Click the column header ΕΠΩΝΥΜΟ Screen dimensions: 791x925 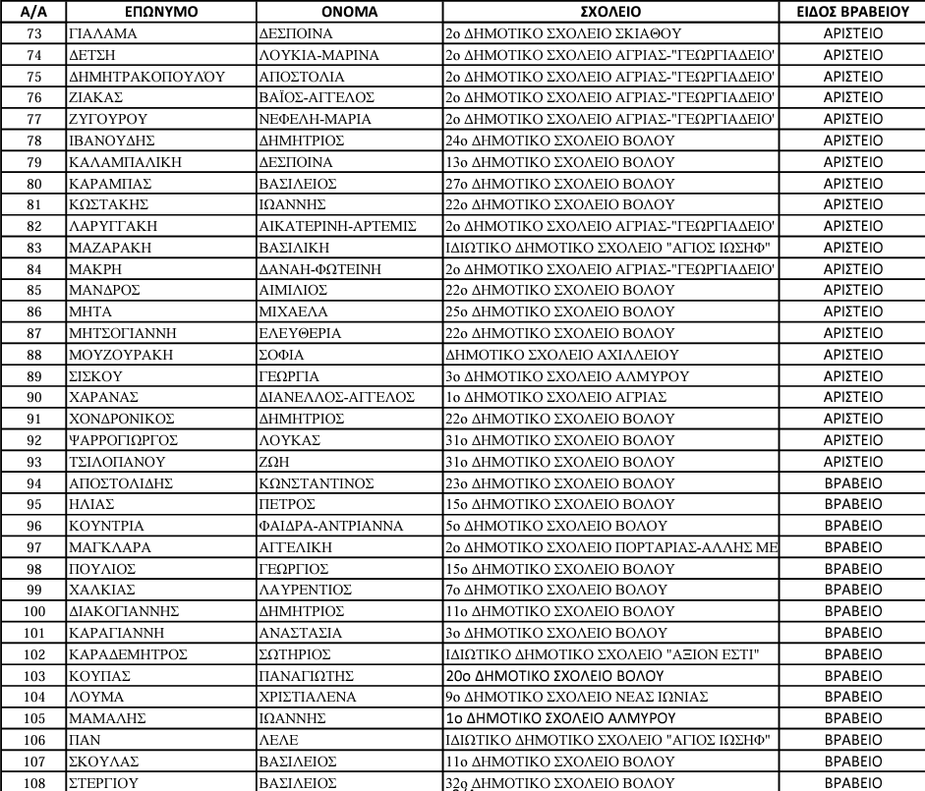click(x=161, y=12)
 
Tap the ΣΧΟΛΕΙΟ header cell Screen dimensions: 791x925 click(x=610, y=12)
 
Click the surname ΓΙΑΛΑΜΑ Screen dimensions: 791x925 click(x=101, y=32)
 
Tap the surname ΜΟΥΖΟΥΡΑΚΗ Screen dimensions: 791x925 click(x=116, y=354)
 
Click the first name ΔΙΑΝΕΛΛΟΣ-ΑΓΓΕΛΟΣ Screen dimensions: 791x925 click(x=335, y=397)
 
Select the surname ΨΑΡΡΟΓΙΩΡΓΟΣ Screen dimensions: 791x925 click(x=124, y=439)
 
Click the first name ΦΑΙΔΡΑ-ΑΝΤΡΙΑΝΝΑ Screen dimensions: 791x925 click(x=331, y=526)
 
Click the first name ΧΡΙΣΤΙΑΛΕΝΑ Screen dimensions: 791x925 click(x=307, y=697)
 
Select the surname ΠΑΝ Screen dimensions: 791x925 click(x=84, y=740)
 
